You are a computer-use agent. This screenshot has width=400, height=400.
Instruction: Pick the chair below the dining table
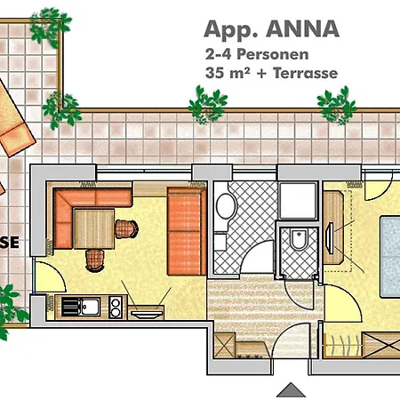tap(94, 258)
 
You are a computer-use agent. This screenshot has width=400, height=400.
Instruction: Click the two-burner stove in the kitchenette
tap(115, 307)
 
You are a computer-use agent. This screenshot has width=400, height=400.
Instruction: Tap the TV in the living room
tap(148, 310)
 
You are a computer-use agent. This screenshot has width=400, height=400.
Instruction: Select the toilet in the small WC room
tap(298, 237)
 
